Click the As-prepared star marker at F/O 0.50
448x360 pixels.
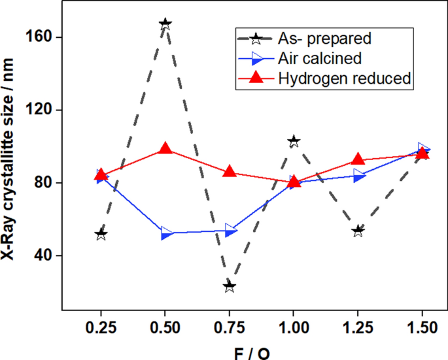[165, 24]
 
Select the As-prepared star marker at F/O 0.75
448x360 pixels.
[230, 286]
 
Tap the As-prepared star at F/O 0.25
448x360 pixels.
[101, 234]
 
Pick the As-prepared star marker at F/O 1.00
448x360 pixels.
[294, 141]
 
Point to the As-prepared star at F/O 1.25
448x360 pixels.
[358, 231]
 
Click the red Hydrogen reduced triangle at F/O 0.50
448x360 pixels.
[165, 149]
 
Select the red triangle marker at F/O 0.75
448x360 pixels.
[230, 172]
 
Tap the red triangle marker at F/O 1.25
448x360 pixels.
[358, 159]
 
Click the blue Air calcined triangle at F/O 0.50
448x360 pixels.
[167, 233]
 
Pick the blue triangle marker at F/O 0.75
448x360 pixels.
[231, 230]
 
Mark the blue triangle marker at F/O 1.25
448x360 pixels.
[359, 175]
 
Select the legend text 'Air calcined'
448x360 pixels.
[320, 58]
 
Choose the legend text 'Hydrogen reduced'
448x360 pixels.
[344, 78]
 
